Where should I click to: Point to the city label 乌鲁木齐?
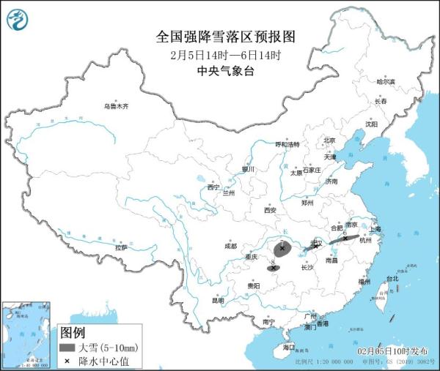click(x=115, y=106)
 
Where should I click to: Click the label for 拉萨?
click(x=120, y=247)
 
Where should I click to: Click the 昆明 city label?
click(x=218, y=300)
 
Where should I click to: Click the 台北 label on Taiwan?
click(x=392, y=278)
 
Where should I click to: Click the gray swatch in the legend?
click(x=67, y=347)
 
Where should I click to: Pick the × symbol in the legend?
click(x=67, y=359)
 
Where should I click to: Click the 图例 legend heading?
click(x=73, y=333)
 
